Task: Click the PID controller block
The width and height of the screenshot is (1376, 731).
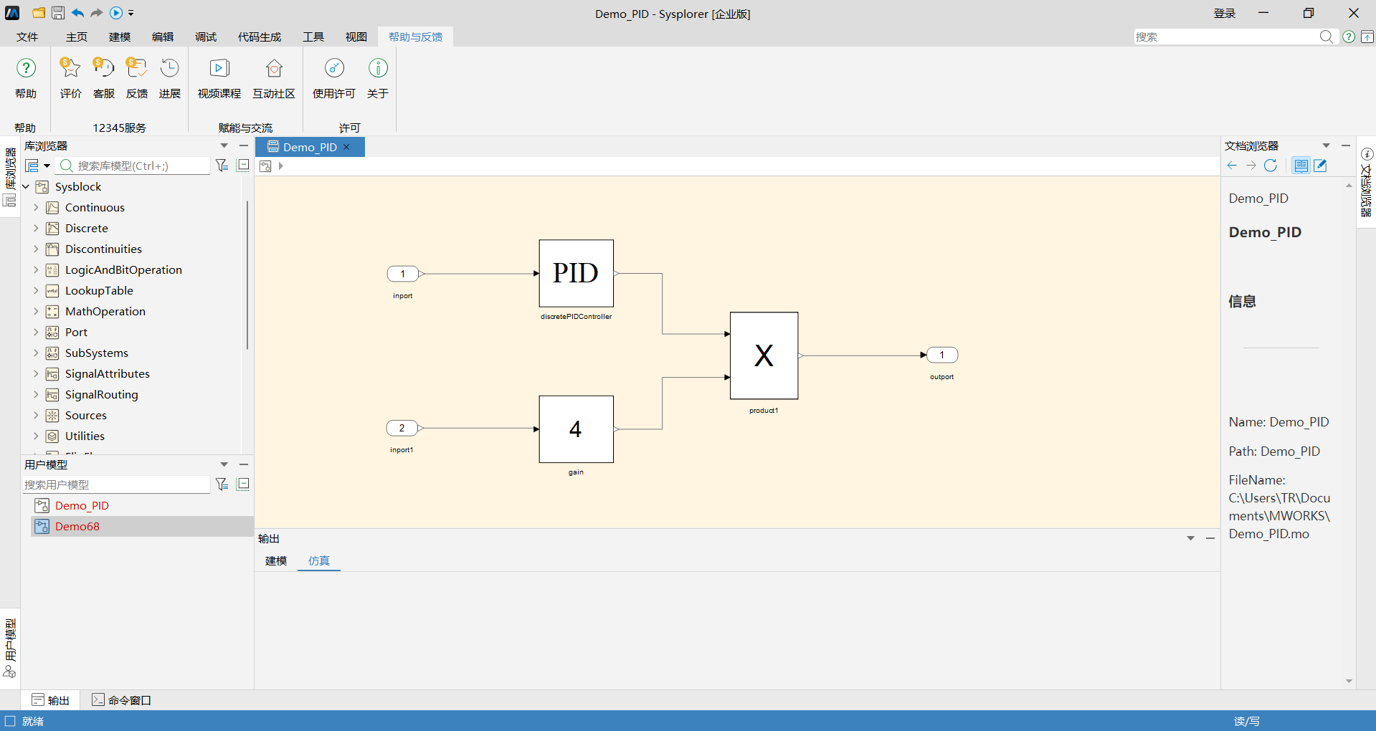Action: [x=576, y=273]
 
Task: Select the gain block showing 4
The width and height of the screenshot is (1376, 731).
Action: [x=576, y=429]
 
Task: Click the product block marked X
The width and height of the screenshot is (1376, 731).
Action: [x=764, y=355]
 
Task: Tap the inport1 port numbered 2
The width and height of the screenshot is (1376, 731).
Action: [x=402, y=428]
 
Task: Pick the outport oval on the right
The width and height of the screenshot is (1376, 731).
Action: [x=942, y=355]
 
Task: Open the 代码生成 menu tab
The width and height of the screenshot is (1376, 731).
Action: [x=260, y=37]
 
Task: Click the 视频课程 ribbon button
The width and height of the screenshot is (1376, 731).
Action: [x=219, y=78]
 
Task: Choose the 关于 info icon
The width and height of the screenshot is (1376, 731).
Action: [x=378, y=68]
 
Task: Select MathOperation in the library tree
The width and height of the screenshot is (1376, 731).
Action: [x=105, y=311]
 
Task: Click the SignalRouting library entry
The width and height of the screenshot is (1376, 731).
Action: [x=102, y=394]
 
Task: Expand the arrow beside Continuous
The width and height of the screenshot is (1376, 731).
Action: [x=36, y=207]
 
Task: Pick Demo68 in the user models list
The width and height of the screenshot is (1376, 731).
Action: [x=77, y=526]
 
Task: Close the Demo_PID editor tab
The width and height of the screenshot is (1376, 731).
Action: [x=346, y=147]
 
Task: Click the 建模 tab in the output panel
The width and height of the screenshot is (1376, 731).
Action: [x=276, y=560]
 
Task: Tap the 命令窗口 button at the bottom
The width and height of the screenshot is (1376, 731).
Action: [x=122, y=700]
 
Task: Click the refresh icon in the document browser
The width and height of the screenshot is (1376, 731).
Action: [x=1271, y=166]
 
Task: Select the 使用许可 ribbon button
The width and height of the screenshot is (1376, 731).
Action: [x=334, y=78]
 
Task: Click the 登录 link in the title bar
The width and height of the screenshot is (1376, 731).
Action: [x=1225, y=14]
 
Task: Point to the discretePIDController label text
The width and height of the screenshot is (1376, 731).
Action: [x=577, y=316]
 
